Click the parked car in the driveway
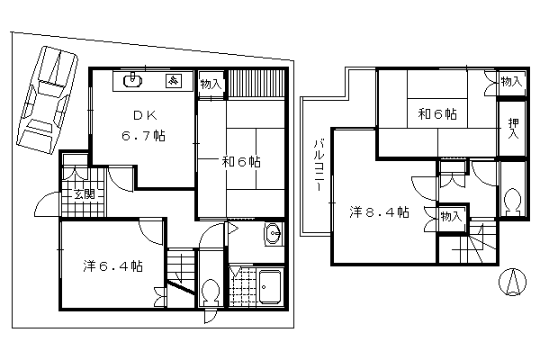coord(48,100)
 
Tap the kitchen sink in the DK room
coord(132,81)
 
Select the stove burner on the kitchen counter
coord(175,81)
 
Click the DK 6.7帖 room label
coord(144,126)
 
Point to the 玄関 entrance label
coord(85,194)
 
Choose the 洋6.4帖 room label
coord(113,266)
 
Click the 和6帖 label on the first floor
coord(241,162)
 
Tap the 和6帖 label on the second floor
coord(437,113)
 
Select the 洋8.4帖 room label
coord(379,212)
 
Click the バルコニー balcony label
coord(319,166)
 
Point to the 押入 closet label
coord(514,128)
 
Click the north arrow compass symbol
coord(513,282)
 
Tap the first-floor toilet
coord(211,292)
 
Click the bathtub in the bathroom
coord(270,286)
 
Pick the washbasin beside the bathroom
coord(274,234)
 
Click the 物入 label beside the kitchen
coord(211,85)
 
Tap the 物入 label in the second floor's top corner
coord(511,82)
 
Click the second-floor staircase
coord(477,243)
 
